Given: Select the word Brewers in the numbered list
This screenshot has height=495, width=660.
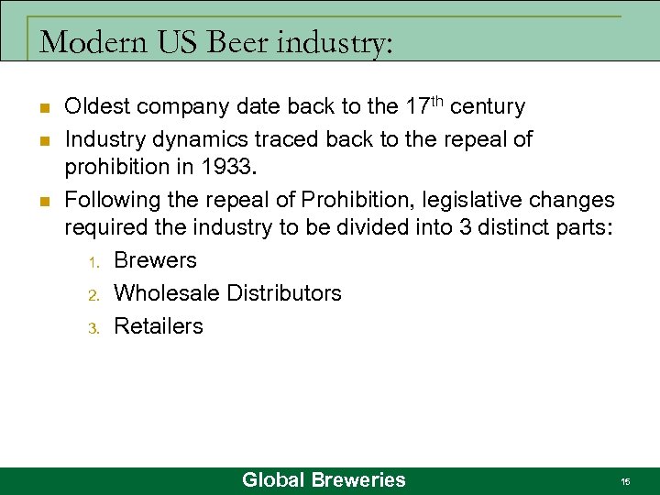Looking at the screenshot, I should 155,260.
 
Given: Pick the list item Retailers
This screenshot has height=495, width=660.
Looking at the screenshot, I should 159,326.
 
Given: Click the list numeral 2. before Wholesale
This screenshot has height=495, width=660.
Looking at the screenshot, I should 93,295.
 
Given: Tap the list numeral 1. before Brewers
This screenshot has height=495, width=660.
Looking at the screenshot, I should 93,262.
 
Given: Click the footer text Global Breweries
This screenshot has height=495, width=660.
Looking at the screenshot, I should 323,479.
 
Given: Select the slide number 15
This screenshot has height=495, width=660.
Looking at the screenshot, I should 624,481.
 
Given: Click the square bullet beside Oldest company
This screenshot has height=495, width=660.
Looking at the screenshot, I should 43,108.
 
